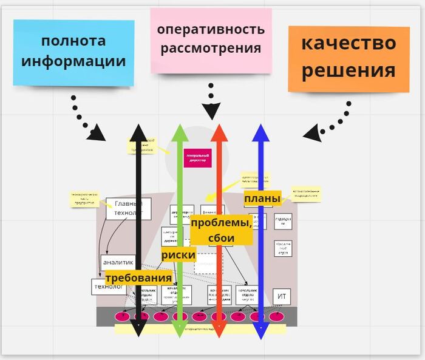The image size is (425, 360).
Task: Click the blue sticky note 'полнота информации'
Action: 73,52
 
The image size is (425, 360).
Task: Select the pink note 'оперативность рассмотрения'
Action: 211,39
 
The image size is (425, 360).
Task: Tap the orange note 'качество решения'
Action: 348,58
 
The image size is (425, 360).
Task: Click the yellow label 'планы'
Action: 262,199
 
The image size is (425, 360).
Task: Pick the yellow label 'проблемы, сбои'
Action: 221,230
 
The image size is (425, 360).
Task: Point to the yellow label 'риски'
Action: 178,255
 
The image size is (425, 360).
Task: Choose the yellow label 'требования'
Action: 138,278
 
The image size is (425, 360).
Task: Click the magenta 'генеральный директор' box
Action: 197,158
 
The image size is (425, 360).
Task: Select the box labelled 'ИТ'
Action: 281,296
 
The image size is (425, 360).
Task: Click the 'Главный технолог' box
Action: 128,208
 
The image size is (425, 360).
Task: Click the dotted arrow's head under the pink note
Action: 211,112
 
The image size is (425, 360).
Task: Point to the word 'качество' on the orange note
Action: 348,43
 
